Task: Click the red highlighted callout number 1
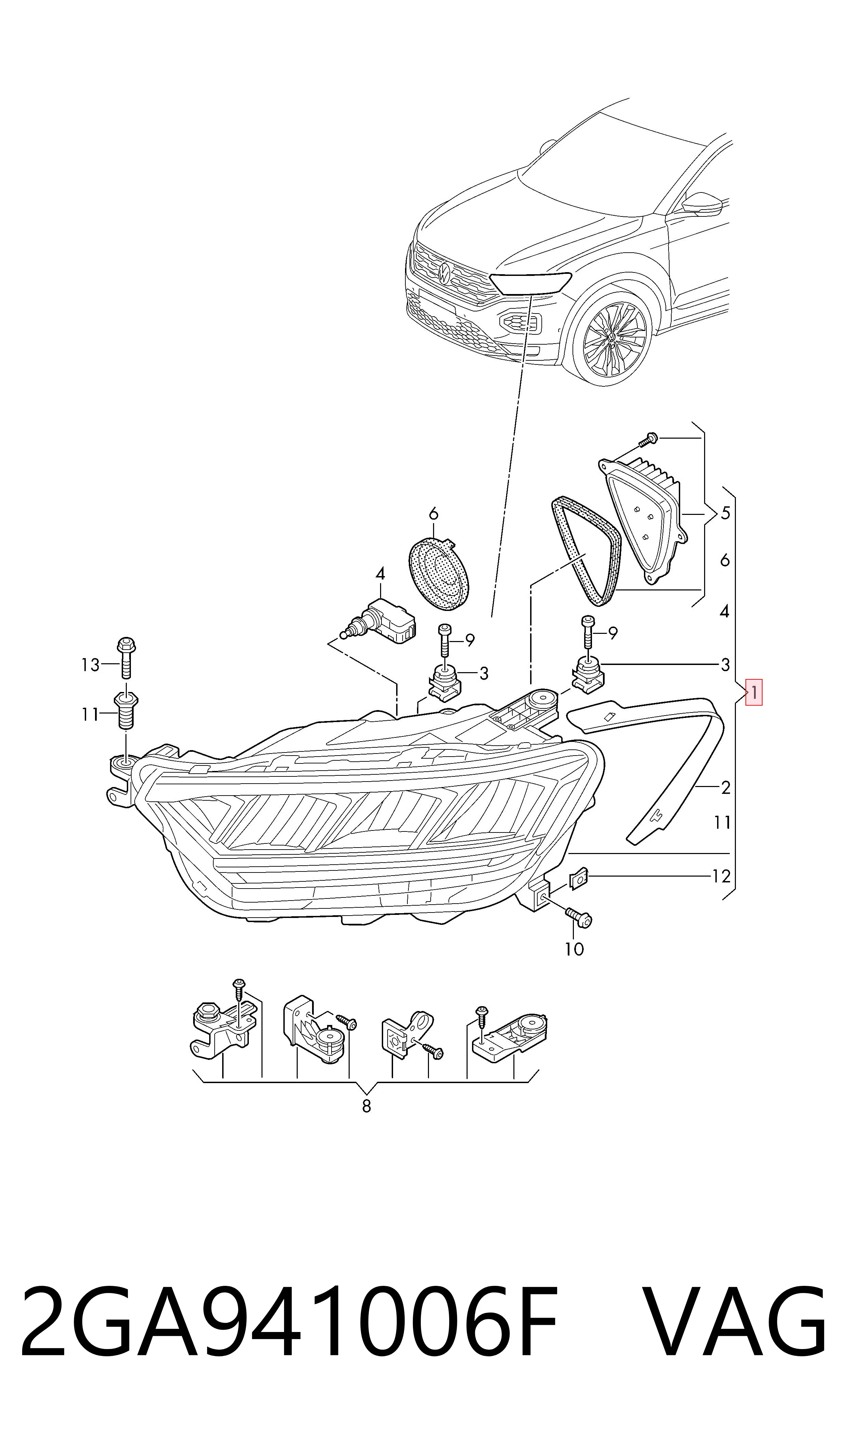[x=754, y=693]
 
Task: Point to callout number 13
[x=90, y=665]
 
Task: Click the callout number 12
[x=721, y=876]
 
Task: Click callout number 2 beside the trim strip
[x=726, y=788]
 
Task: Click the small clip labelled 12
[x=579, y=880]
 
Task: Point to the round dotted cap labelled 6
[x=439, y=572]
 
